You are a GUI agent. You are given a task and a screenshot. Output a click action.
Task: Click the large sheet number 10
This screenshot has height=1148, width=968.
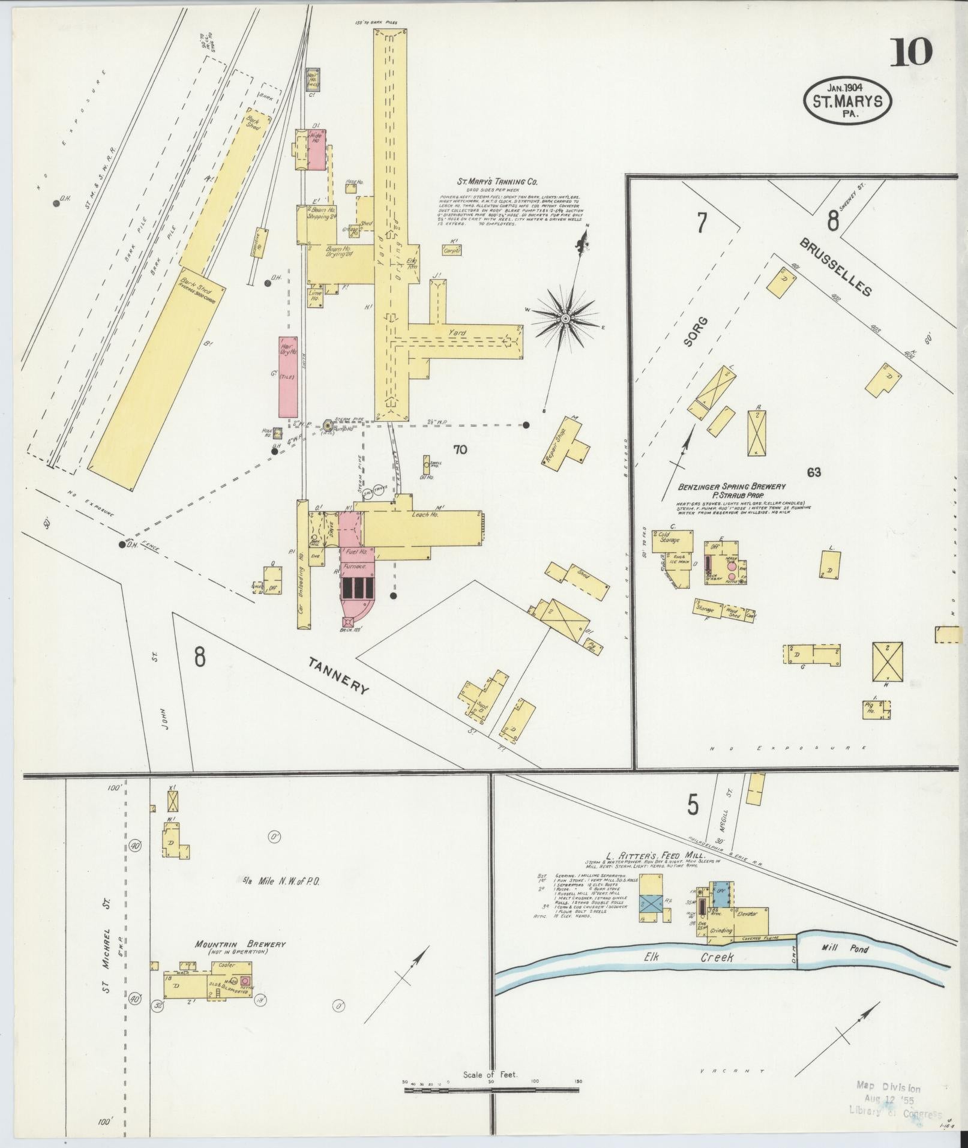[910, 53]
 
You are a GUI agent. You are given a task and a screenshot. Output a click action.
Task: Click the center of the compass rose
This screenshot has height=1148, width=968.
[565, 318]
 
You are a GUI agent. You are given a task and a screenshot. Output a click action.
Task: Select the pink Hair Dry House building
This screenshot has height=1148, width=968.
[287, 377]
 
